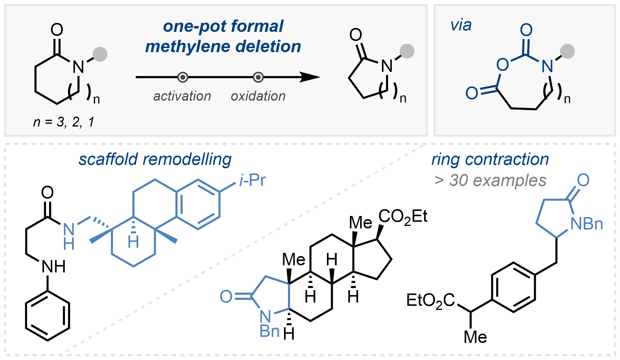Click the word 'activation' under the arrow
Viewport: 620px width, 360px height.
(x=182, y=96)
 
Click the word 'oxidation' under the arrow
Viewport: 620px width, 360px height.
(x=258, y=96)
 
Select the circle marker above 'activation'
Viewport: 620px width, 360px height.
(x=183, y=77)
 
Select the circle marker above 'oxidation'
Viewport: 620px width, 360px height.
(x=258, y=77)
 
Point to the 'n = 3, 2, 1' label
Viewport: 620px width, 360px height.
(x=64, y=122)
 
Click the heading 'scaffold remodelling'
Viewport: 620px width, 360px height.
(x=155, y=160)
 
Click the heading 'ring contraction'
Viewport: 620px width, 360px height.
(x=490, y=160)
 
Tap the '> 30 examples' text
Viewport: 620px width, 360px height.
(x=490, y=180)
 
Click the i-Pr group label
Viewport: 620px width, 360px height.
(x=252, y=180)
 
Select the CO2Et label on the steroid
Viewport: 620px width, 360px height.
(x=403, y=216)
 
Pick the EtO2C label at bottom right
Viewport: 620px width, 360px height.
(x=431, y=301)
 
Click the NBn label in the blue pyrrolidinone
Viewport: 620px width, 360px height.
(x=587, y=224)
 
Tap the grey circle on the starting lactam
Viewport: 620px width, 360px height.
(x=100, y=54)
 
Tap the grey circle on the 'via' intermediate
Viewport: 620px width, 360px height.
(x=567, y=51)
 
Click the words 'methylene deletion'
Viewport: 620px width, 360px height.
(x=223, y=47)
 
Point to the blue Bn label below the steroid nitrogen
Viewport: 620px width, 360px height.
(x=269, y=331)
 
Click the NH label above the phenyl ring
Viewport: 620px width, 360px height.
(x=53, y=266)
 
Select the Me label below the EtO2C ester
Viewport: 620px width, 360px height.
(x=475, y=337)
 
